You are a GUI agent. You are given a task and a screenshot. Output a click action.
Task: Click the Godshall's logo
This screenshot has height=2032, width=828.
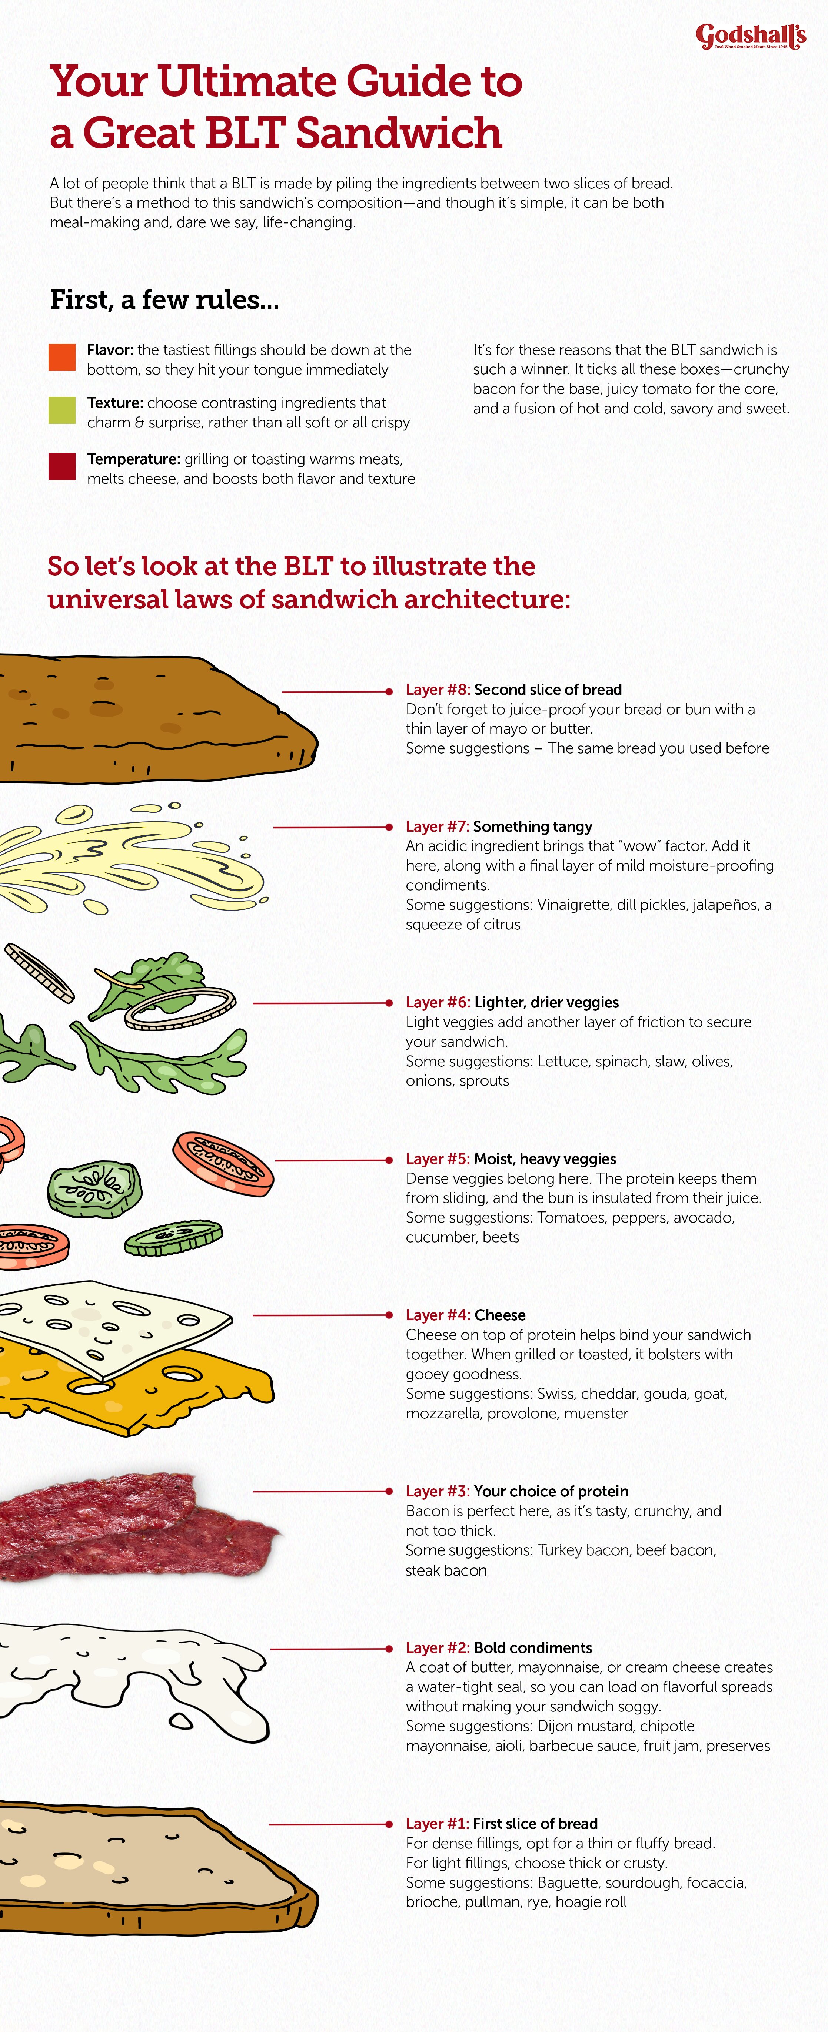click(x=751, y=36)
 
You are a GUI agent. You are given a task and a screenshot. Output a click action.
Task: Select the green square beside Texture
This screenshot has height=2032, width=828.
click(x=62, y=410)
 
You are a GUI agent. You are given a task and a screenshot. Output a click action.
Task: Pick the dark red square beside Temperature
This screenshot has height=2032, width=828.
click(x=62, y=466)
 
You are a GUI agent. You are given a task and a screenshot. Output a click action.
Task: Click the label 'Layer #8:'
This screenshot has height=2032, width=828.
click(x=438, y=690)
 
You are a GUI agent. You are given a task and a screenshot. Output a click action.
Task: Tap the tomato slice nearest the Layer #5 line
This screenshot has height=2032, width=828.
click(x=223, y=1164)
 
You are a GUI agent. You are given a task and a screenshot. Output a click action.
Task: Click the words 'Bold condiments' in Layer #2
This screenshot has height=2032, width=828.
click(x=533, y=1648)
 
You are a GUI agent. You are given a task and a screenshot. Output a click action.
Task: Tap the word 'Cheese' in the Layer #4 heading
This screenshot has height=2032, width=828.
click(x=500, y=1315)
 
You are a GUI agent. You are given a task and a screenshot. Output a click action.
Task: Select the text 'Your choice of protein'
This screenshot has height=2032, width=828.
click(x=551, y=1491)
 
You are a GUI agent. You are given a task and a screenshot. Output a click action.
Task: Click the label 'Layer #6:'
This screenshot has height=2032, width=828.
click(x=438, y=1003)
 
